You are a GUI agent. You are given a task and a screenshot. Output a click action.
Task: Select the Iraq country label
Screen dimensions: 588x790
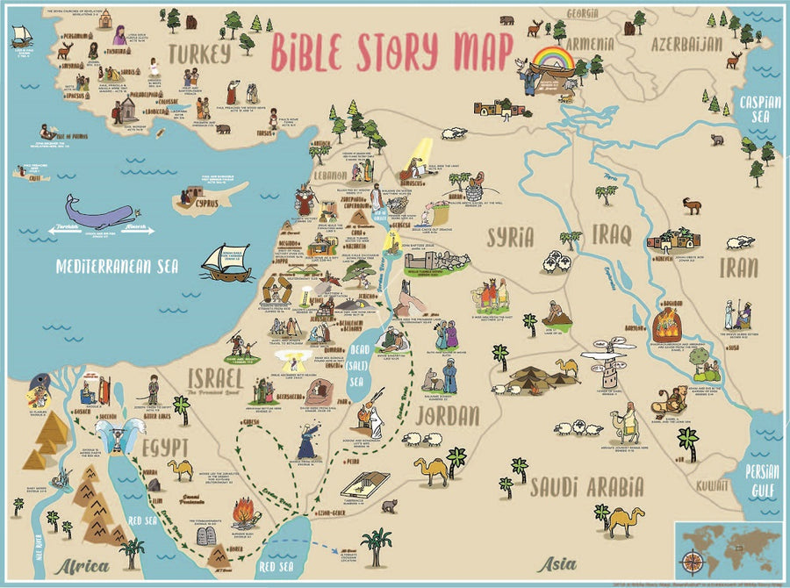[613, 236]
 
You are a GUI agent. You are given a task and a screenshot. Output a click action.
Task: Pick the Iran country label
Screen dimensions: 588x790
[739, 268]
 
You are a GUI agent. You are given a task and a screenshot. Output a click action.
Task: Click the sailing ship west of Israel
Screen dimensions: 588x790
[226, 262]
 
